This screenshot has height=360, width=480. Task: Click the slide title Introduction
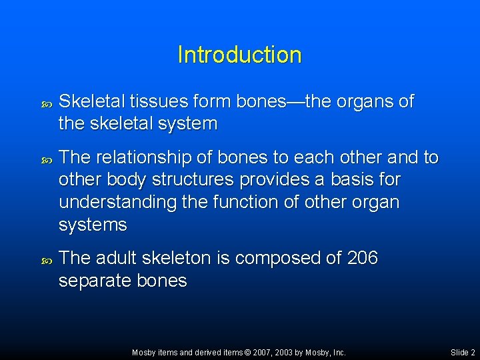click(239, 55)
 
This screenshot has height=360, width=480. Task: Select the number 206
click(363, 258)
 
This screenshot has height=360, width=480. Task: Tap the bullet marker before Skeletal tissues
click(46, 103)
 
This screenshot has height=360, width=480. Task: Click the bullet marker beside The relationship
click(46, 159)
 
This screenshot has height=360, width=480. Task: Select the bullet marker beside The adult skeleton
click(46, 259)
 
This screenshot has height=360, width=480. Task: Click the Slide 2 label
click(463, 352)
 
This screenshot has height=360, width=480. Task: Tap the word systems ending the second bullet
click(93, 225)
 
